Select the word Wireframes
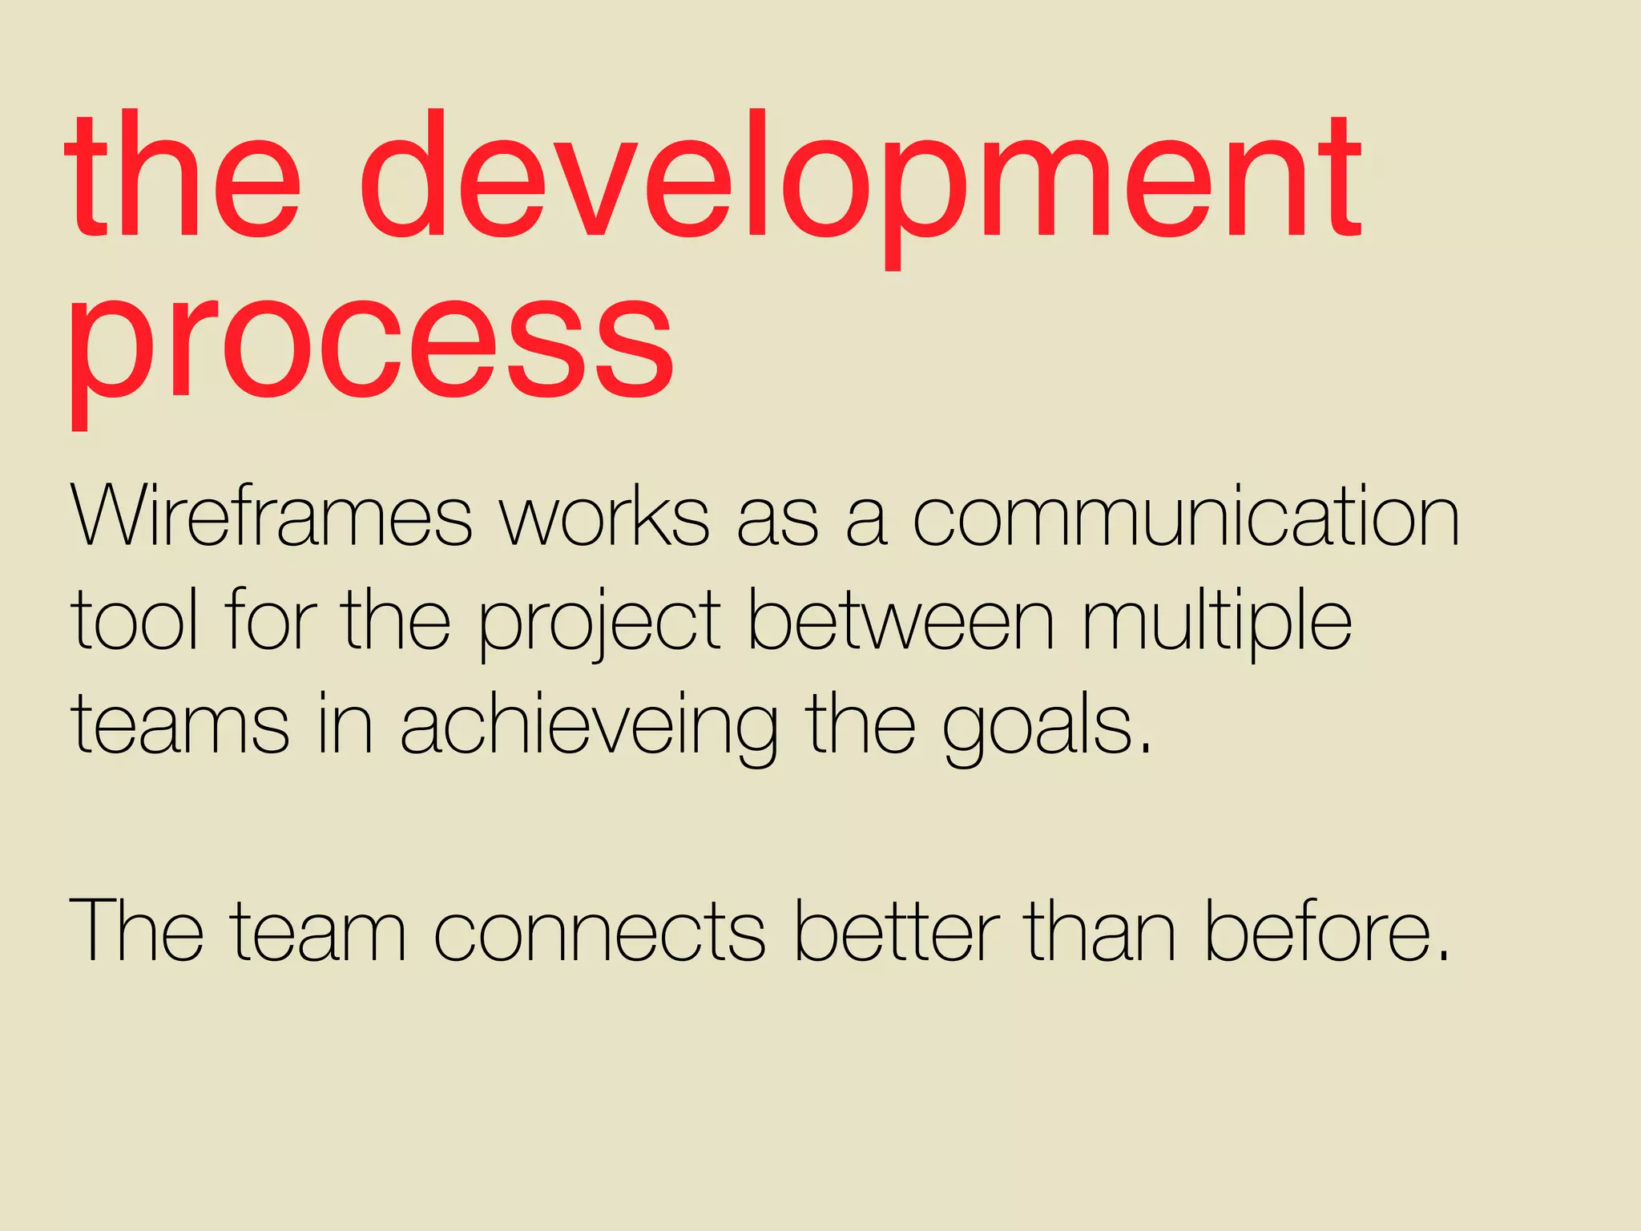pos(272,517)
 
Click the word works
pos(605,517)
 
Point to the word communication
pos(1186,517)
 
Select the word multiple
pos(1217,621)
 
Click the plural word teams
pos(180,725)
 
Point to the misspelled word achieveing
pos(589,725)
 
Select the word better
pos(897,930)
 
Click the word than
pos(1102,930)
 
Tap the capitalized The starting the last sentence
pos(137,930)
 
